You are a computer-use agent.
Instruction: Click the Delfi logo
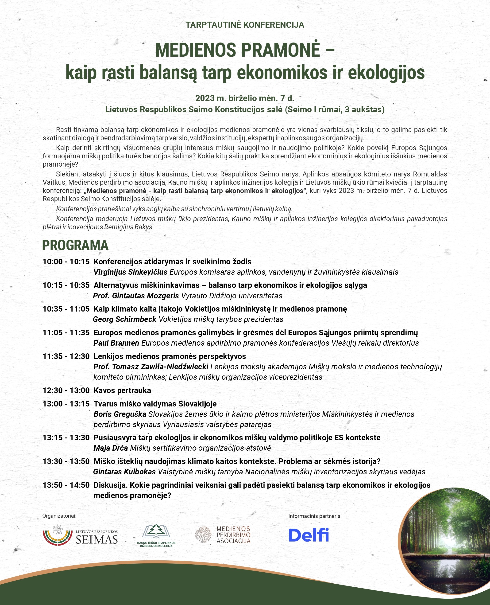point(309,535)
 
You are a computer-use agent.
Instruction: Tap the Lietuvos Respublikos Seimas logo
point(80,535)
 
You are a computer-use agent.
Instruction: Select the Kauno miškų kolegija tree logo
point(156,535)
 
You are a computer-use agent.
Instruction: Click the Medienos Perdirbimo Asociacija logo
point(223,535)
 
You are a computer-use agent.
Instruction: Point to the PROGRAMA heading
point(75,245)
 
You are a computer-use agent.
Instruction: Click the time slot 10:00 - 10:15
point(66,262)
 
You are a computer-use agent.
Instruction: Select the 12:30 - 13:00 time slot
point(66,390)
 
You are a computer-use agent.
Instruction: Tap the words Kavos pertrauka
point(122,390)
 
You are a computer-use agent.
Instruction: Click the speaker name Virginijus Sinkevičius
point(130,272)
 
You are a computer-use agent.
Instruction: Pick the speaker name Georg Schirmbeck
point(124,319)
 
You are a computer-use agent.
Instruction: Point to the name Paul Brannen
point(116,343)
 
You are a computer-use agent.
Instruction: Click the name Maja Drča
point(111,448)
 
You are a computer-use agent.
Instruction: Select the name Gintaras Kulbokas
point(124,472)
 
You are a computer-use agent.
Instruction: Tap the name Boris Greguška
point(120,414)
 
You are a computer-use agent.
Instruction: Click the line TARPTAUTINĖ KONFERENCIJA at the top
point(245,25)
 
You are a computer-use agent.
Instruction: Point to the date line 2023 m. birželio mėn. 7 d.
point(245,98)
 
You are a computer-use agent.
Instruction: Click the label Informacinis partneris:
point(315,516)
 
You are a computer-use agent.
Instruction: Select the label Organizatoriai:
point(59,516)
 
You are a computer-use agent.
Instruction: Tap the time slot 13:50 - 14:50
point(66,485)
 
